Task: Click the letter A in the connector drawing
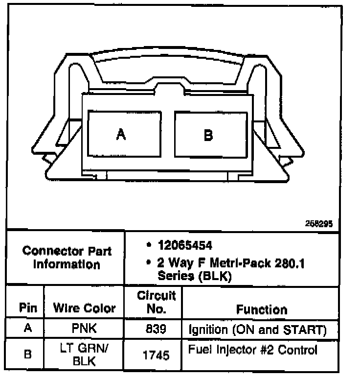121,134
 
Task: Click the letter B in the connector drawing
208,135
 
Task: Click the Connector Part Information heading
67,258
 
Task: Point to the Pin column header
28,308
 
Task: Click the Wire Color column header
84,308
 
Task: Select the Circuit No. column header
156,302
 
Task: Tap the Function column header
262,309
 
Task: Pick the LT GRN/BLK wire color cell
84,355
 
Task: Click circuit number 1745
156,355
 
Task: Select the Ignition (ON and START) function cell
257,330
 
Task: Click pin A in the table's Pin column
28,329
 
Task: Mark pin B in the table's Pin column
28,354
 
